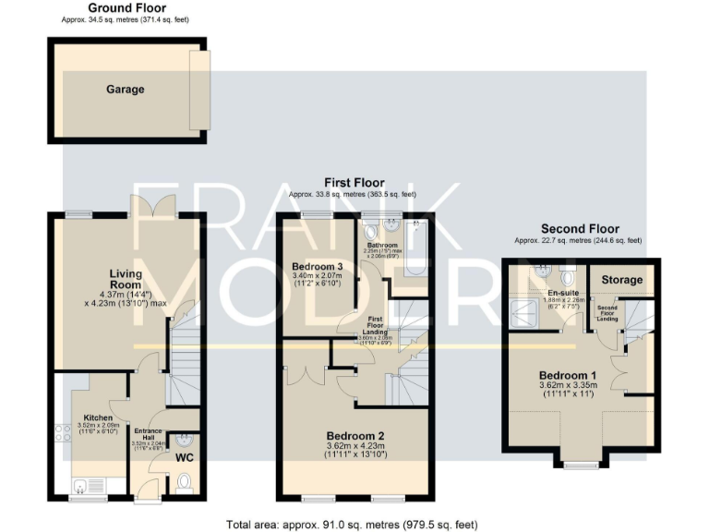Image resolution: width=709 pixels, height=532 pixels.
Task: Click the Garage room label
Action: pos(125,90)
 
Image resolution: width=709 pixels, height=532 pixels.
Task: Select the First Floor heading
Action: pos(354,183)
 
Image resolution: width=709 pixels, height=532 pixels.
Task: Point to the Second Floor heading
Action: pos(579,229)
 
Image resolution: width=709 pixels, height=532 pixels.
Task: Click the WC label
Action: pos(184,457)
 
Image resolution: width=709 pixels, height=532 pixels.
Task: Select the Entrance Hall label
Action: pos(148,434)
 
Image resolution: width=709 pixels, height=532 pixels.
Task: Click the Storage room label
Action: pos(622,278)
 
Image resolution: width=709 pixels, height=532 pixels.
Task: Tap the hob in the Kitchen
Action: pos(62,431)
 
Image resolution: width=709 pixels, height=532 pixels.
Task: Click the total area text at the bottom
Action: pos(353,524)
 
